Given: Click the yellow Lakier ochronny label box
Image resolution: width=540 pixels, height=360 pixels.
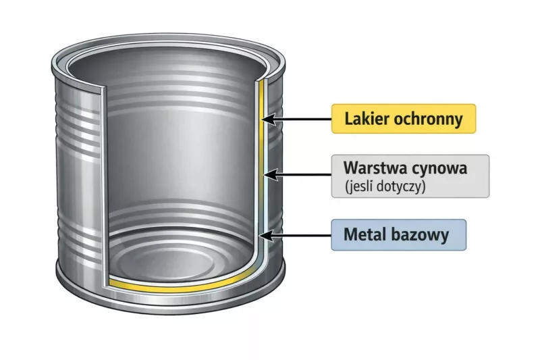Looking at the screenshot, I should (404, 119).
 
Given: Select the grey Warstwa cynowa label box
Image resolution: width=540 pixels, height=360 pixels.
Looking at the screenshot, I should (410, 176).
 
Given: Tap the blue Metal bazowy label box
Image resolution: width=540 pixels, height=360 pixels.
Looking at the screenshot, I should (398, 236).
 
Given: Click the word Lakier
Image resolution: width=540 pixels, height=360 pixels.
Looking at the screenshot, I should (364, 120).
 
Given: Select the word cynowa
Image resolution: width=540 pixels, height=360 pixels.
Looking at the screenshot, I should (442, 167).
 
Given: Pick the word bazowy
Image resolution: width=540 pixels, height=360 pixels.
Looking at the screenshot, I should (423, 236).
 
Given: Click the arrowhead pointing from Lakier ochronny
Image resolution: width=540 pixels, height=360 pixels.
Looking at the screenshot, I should (267, 120).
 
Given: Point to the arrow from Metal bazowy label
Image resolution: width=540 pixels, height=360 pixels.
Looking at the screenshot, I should (297, 236).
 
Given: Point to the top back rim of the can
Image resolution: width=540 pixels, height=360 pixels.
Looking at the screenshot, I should (169, 41).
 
